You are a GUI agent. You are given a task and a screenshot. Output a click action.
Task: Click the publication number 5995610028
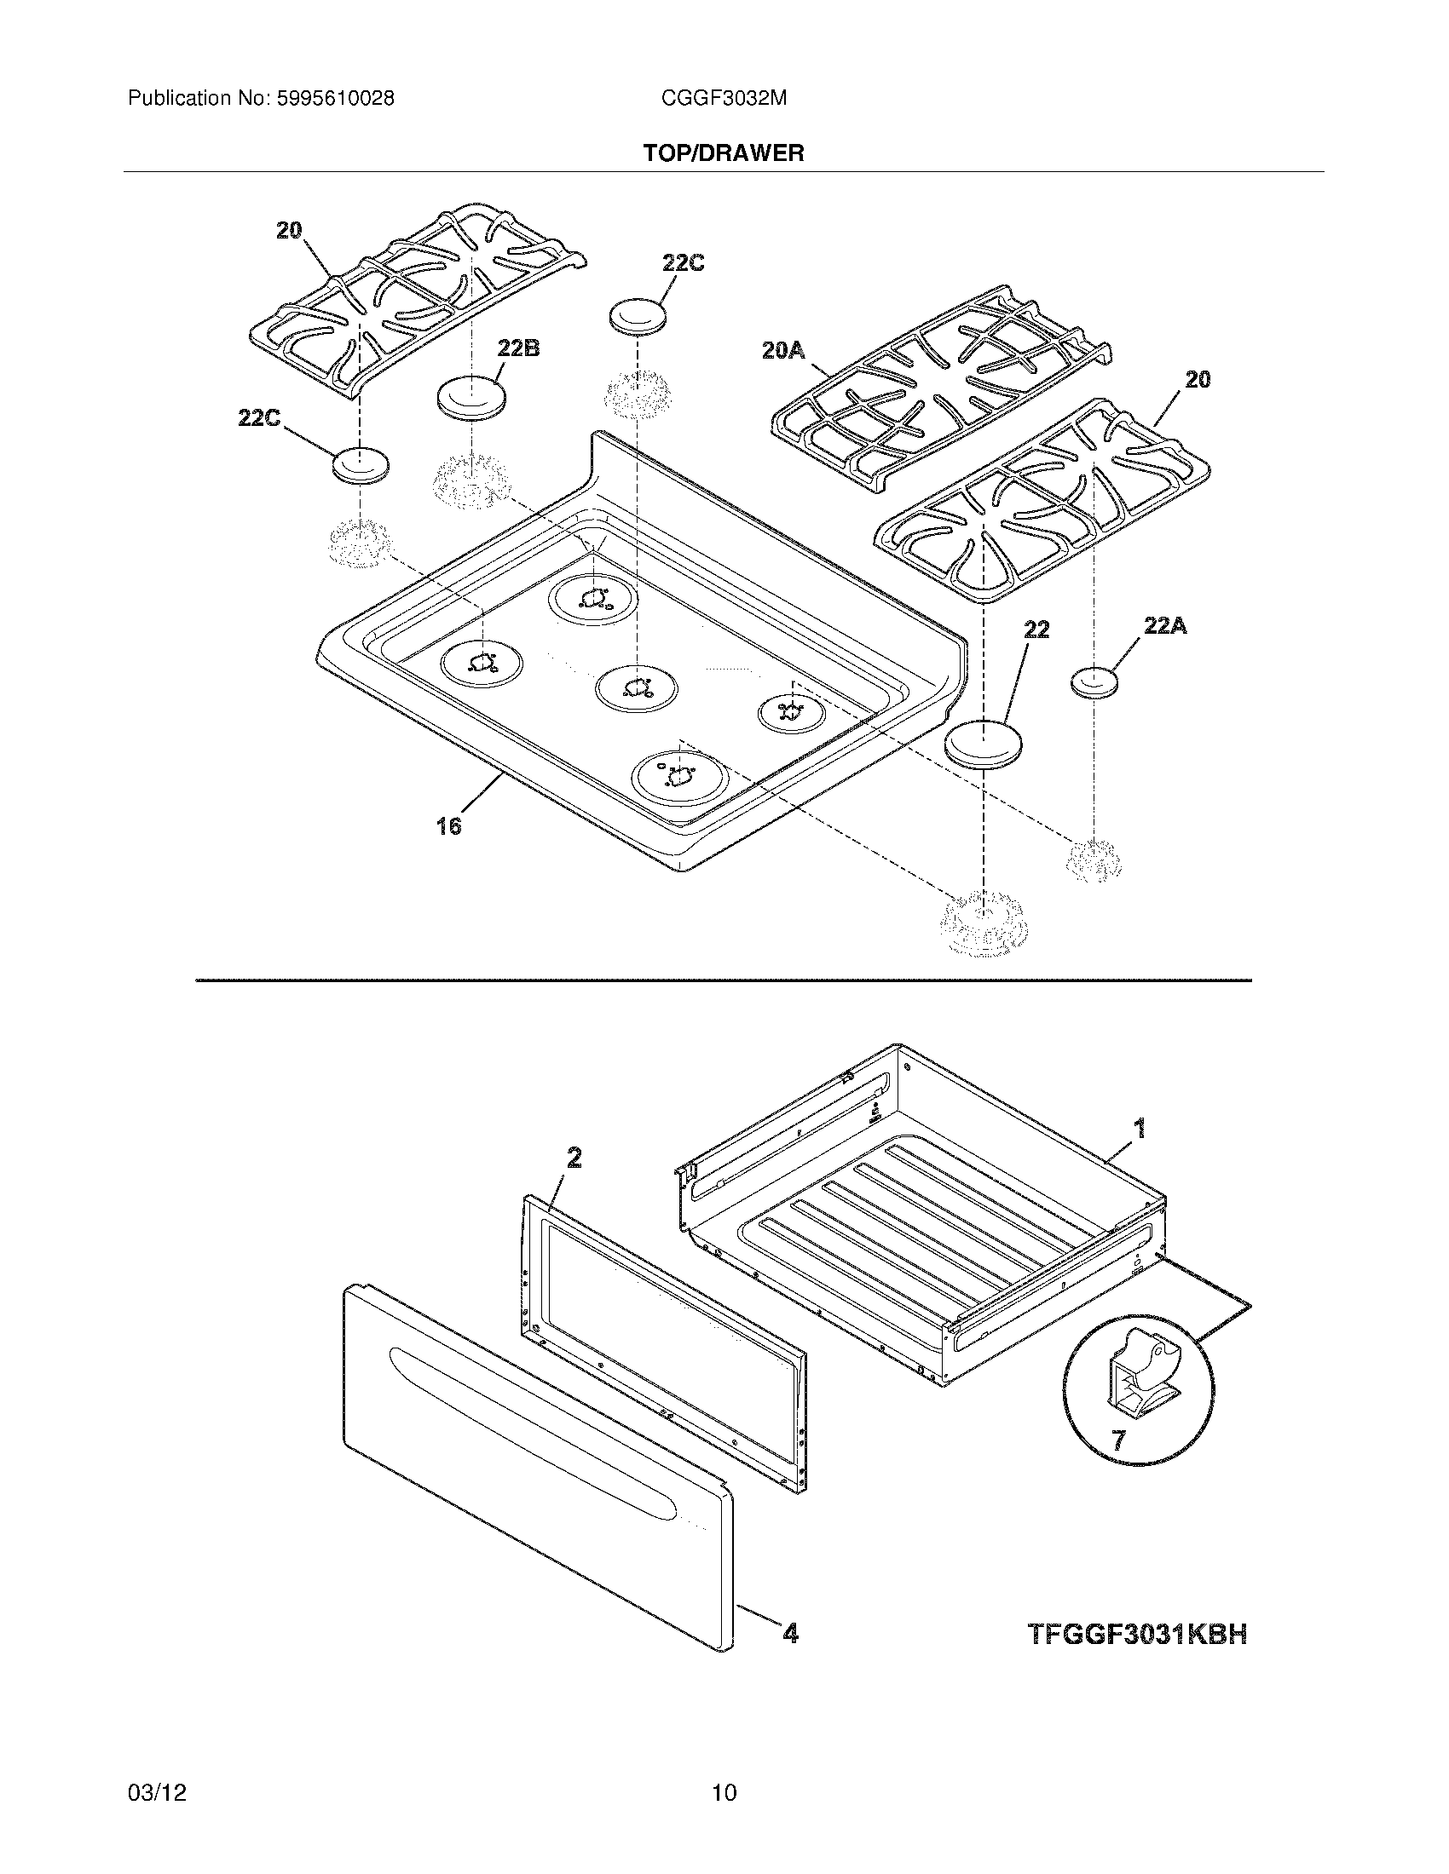point(335,99)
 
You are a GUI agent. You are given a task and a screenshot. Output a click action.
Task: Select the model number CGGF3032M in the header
point(724,99)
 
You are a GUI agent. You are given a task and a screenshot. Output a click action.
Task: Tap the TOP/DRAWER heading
point(724,153)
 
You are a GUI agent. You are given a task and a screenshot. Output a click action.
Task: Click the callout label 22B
point(518,349)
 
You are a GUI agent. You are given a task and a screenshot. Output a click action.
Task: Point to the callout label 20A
point(782,350)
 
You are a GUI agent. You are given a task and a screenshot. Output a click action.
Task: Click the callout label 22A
point(1165,626)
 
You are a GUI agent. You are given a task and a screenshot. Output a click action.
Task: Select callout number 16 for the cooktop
point(448,825)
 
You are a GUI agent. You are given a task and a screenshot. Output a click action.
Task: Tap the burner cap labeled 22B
point(471,398)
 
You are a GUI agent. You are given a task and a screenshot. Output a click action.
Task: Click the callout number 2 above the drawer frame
point(574,1158)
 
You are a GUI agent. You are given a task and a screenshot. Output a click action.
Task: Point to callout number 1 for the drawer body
point(1140,1128)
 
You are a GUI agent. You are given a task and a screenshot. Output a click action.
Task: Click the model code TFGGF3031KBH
point(1137,1635)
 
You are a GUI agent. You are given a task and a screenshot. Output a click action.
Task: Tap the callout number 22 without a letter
point(1036,629)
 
